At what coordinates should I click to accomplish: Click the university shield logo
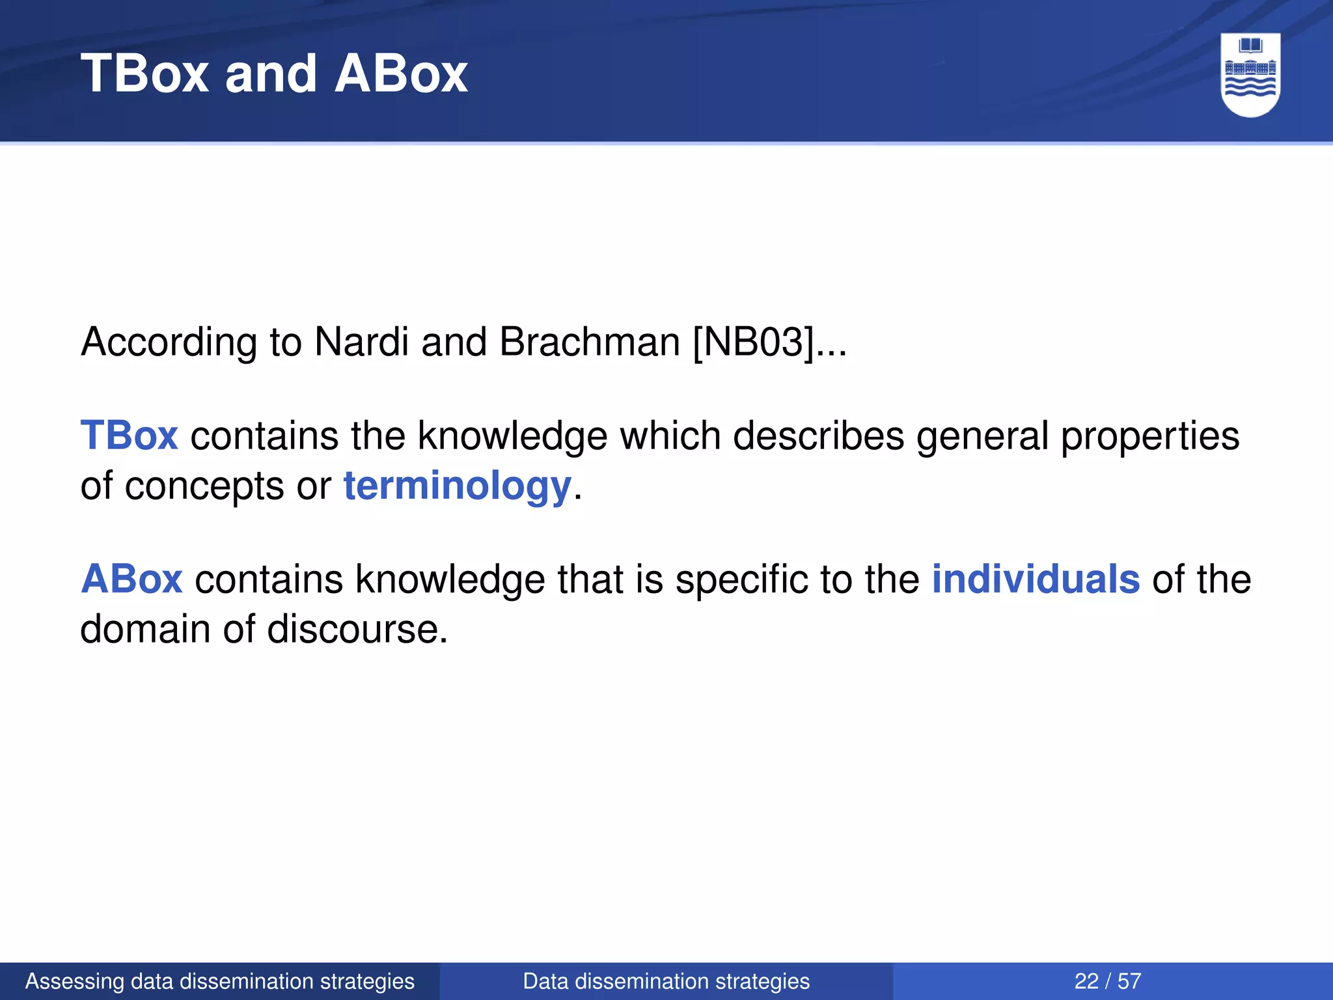coord(1250,75)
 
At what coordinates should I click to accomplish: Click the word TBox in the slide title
coord(144,74)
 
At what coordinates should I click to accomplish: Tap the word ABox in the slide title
coord(401,74)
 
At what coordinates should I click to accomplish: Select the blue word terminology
coord(457,486)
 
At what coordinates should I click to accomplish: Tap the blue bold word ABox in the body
coord(131,579)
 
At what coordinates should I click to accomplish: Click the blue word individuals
coord(1036,579)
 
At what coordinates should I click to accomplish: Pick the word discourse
coord(357,630)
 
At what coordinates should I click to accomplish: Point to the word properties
coord(1149,436)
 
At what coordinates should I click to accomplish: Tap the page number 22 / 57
coord(1107,981)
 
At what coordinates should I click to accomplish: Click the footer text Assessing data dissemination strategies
coord(219,981)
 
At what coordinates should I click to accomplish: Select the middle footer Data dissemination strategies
coord(666,981)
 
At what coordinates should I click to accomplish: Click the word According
coord(169,342)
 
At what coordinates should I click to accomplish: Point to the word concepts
coord(204,486)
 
